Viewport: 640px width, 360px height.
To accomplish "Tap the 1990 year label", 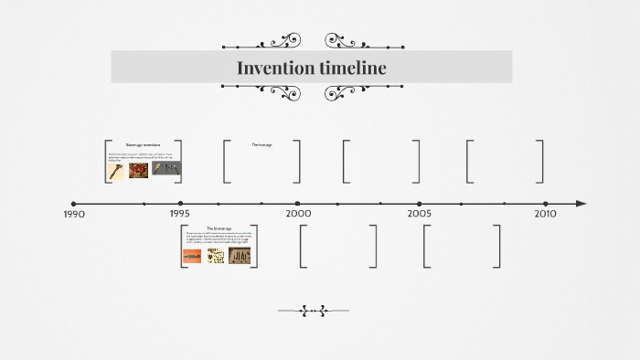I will click(74, 215).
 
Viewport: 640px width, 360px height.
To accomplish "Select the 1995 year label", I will click(180, 214).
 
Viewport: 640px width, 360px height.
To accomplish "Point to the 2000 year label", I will click(298, 213).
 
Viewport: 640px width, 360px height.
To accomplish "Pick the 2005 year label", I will click(420, 213).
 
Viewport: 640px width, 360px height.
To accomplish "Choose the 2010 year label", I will click(545, 213).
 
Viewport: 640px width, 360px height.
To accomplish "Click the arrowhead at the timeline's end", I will click(581, 204).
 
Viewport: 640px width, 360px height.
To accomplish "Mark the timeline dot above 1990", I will click(74, 204).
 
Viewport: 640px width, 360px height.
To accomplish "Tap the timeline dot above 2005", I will click(420, 204).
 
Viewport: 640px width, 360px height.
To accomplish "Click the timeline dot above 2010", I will click(545, 204).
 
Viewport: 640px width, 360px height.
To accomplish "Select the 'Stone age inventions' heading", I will click(143, 145).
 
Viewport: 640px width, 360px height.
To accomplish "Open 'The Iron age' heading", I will click(261, 144).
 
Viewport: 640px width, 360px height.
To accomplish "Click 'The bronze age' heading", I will click(219, 228).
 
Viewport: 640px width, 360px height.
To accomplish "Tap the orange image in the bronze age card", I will click(192, 257).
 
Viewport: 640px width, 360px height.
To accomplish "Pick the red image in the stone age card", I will click(139, 170).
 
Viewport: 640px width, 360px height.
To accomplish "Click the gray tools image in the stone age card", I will click(165, 169).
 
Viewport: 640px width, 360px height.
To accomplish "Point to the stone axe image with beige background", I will click(116, 170).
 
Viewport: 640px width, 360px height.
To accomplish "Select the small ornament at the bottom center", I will click(313, 311).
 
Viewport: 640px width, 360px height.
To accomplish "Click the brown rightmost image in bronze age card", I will click(240, 256).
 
